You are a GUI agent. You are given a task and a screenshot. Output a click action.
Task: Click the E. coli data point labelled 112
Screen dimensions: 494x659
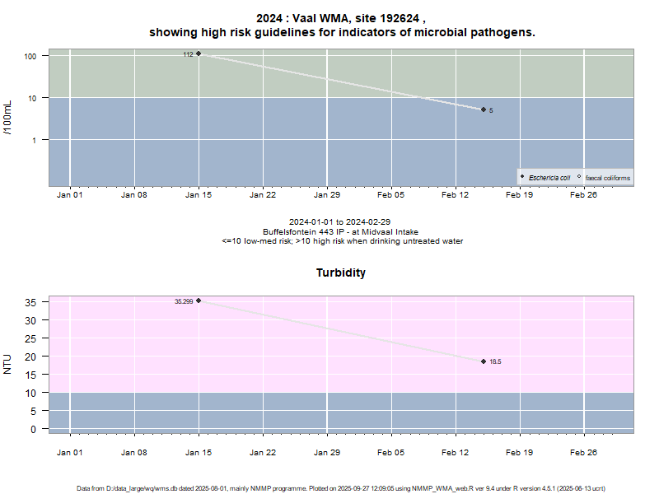coord(199,54)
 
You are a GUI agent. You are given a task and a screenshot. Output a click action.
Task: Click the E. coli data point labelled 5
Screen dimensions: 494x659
coord(484,110)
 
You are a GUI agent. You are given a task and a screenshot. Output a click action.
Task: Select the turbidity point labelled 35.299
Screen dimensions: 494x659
coord(199,301)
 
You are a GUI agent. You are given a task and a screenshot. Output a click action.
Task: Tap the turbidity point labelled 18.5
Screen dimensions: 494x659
coord(484,361)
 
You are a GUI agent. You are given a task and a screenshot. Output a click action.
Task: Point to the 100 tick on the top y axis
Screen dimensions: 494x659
coord(33,56)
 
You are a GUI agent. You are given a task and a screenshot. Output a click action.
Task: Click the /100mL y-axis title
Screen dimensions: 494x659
coord(8,118)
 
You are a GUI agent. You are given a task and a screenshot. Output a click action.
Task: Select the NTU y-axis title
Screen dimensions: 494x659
coord(8,363)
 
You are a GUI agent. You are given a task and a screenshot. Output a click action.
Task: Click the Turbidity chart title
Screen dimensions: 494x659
coord(341,273)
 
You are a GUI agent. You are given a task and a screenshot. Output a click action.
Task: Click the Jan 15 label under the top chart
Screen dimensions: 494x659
coord(199,196)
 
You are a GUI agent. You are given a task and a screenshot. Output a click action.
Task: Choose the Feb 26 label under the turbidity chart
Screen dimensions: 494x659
coord(583,452)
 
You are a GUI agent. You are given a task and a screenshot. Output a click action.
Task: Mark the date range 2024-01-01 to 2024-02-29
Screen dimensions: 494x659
coord(341,222)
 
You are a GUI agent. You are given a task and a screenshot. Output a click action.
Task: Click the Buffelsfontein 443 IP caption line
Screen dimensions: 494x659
coord(341,231)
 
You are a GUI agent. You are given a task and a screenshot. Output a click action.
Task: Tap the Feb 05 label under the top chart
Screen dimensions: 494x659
coord(391,196)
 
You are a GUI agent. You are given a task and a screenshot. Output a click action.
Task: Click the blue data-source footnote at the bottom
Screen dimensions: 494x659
coord(341,488)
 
